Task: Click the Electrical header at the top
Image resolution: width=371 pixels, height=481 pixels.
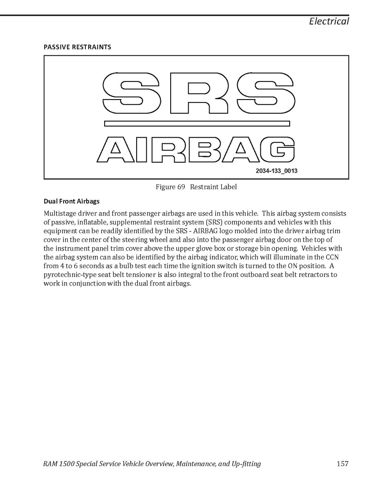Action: [x=329, y=21]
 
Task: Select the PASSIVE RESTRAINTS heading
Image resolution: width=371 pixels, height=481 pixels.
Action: [x=77, y=47]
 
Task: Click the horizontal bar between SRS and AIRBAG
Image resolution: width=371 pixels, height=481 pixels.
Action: [x=196, y=124]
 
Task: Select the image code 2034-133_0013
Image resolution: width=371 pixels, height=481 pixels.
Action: [x=276, y=171]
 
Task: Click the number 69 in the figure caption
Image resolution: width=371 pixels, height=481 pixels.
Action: [x=181, y=187]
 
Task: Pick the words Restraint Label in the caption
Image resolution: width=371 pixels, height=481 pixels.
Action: [x=214, y=187]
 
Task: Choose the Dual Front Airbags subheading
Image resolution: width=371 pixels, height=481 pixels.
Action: [x=71, y=201]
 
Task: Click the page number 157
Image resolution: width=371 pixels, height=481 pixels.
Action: [x=343, y=464]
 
